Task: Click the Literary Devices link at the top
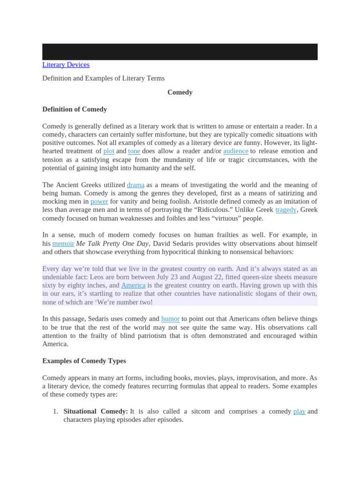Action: tap(66, 65)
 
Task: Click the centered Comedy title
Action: tap(180, 92)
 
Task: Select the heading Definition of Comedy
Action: tap(75, 109)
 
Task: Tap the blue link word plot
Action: tap(109, 151)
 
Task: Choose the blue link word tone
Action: tap(134, 151)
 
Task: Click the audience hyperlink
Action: tap(236, 151)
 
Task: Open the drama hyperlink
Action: tap(135, 185)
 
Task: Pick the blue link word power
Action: tap(99, 202)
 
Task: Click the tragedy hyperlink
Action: tap(286, 210)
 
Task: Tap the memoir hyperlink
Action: tap(63, 244)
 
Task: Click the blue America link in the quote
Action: tap(133, 285)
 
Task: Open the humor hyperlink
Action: tap(170, 319)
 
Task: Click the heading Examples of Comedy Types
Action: tap(84, 361)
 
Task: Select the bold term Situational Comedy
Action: tap(96, 411)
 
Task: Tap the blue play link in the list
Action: tap(300, 411)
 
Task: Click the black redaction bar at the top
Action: tap(180, 52)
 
